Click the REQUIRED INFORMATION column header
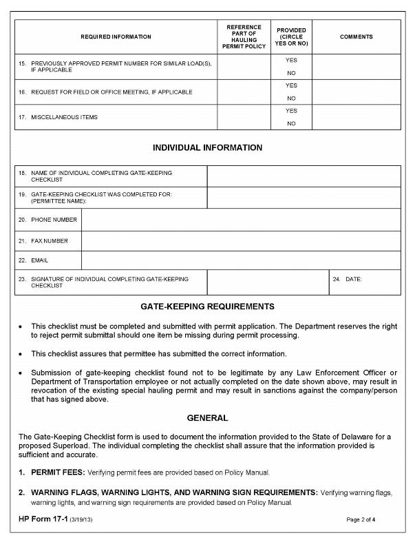tap(116, 37)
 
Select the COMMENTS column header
tap(356, 37)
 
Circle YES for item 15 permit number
tap(291, 61)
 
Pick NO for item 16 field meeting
tap(291, 98)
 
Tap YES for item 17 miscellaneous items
tap(291, 111)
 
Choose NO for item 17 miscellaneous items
tap(291, 124)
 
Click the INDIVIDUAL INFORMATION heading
tap(207, 147)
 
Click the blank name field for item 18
tap(304, 176)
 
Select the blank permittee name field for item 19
tap(304, 198)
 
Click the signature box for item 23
tap(268, 282)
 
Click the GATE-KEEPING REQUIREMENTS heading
tap(207, 306)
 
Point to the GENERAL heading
tap(207, 418)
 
